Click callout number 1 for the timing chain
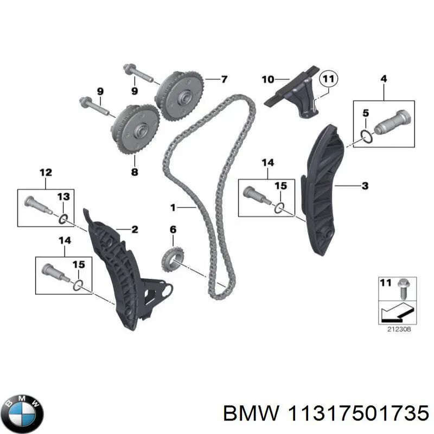173,207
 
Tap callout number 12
46,173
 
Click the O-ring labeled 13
63,219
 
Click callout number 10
267,80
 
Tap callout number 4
384,79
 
